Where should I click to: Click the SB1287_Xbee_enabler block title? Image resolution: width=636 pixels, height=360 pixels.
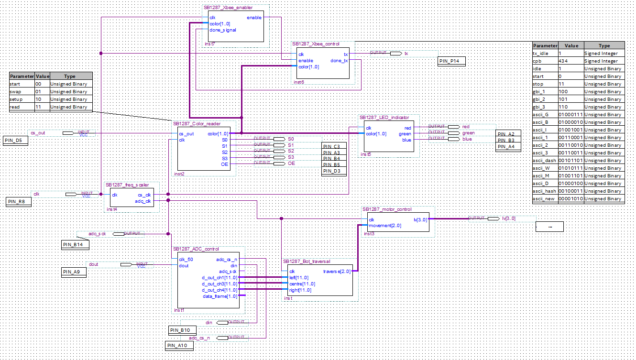click(228, 8)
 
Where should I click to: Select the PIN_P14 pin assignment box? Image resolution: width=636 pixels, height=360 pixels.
click(451, 61)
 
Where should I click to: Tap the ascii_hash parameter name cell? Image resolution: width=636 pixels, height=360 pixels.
click(545, 191)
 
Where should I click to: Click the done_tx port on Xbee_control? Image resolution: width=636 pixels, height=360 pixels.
click(339, 61)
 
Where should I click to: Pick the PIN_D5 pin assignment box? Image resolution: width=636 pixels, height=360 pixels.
click(16, 140)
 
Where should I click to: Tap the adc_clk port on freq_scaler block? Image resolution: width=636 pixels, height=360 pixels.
click(143, 201)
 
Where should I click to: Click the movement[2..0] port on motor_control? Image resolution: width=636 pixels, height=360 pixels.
click(385, 226)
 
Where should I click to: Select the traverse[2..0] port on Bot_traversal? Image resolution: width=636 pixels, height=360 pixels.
click(337, 271)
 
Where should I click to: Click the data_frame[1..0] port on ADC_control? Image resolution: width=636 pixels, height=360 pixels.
click(219, 296)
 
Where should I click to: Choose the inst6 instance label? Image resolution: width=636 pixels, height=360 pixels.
click(298, 82)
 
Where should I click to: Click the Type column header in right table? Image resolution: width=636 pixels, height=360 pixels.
click(604, 46)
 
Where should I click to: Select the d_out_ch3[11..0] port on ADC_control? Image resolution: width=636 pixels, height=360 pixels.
click(219, 284)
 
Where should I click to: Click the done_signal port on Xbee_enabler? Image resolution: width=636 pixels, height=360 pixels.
click(222, 30)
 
